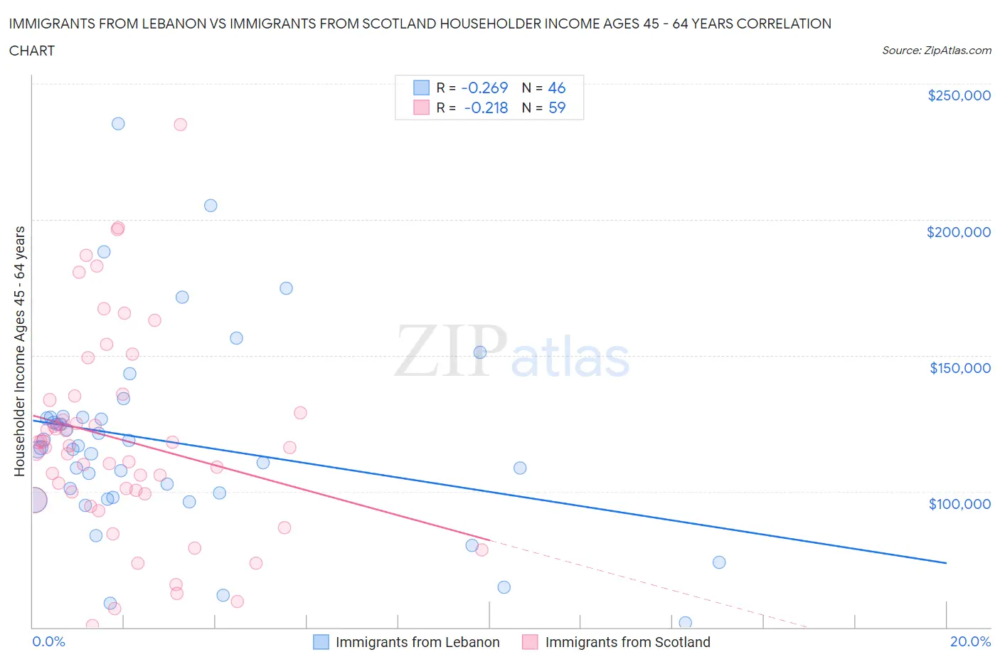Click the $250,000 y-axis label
[959, 96]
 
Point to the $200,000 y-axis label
[958, 232]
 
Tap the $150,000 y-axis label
[959, 368]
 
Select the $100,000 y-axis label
[959, 504]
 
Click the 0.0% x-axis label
[48, 641]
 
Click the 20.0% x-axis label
[970, 641]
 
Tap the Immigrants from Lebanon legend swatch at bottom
[321, 642]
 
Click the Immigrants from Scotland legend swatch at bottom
[530, 642]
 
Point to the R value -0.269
[484, 88]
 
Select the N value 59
[557, 107]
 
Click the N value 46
[557, 88]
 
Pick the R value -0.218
[486, 107]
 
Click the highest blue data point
[118, 124]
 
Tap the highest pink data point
[181, 125]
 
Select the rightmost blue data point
[719, 562]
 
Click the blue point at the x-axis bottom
[686, 623]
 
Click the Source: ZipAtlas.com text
[936, 51]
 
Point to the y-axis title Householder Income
[19, 351]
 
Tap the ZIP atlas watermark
[512, 351]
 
